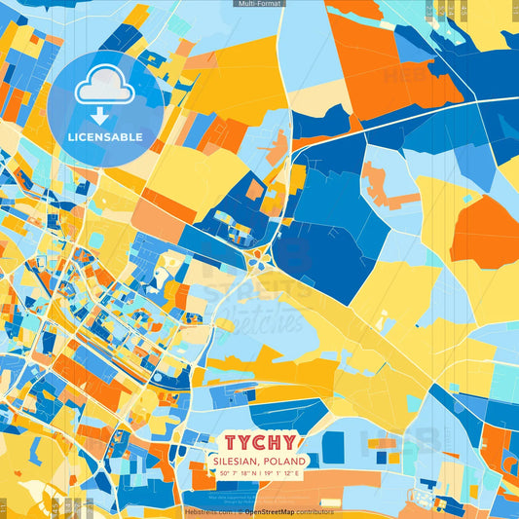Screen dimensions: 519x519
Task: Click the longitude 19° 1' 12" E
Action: [x=283, y=473]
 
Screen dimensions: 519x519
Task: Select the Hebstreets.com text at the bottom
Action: [x=207, y=511]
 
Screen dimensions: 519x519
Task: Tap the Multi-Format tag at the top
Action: [x=259, y=4]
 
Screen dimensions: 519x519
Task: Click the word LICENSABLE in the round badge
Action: [x=105, y=136]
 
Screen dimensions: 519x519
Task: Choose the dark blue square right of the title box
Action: [x=333, y=447]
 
